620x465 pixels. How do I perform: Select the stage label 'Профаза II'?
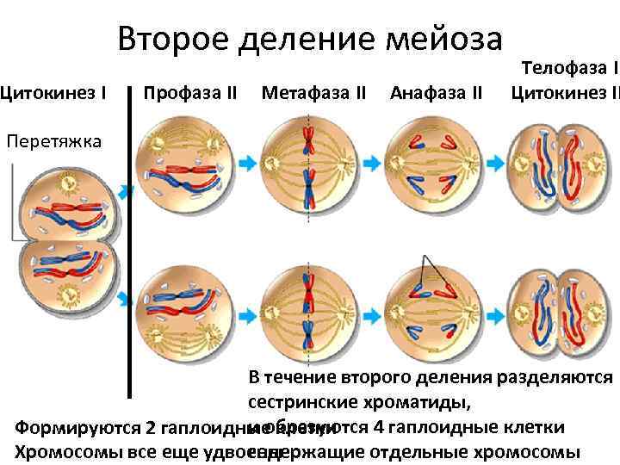[x=189, y=91]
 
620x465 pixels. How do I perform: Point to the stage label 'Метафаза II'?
[x=313, y=91]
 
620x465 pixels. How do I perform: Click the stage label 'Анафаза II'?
[x=436, y=91]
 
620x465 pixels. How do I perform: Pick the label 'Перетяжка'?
[x=53, y=140]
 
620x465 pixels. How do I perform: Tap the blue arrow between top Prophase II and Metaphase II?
[x=248, y=162]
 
